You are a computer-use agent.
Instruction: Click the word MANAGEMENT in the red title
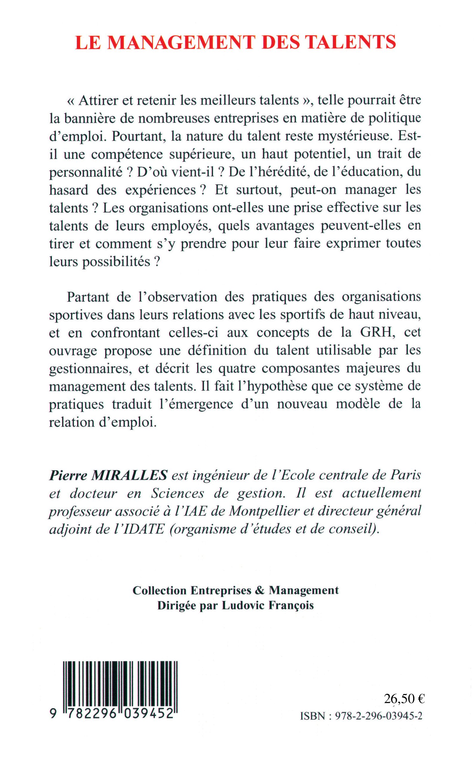tap(180, 42)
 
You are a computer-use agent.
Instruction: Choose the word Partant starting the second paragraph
tap(88, 297)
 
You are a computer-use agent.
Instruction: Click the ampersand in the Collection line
tap(260, 590)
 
